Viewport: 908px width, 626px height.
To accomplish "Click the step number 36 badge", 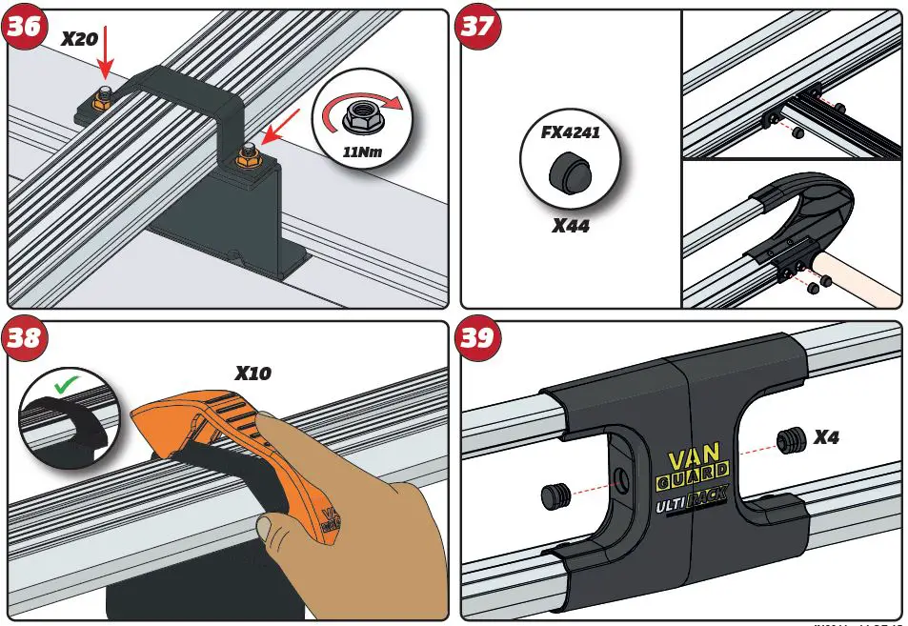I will (x=24, y=28).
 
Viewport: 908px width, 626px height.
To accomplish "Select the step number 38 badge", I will (x=24, y=338).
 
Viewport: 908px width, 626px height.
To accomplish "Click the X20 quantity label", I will (x=80, y=39).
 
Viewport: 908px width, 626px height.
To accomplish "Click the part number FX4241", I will (x=571, y=132).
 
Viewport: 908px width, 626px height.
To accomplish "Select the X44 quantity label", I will (x=572, y=227).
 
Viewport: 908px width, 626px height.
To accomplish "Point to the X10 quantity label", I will (x=252, y=373).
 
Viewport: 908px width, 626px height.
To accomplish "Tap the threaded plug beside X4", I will (x=786, y=440).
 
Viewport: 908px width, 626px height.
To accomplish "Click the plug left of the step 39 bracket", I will (x=555, y=495).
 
